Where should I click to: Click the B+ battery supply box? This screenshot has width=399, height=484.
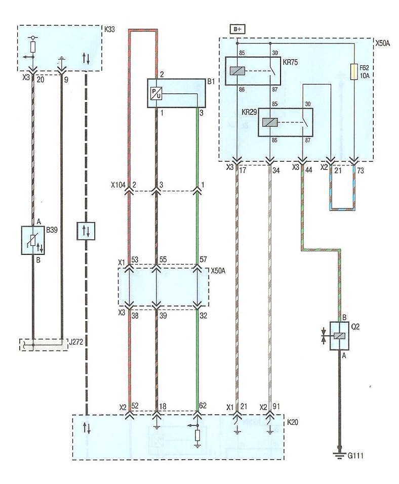[237, 29]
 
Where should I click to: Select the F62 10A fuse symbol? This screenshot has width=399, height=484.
[354, 72]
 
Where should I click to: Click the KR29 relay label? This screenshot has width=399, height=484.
[249, 112]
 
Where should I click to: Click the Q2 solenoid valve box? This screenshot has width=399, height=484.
[339, 336]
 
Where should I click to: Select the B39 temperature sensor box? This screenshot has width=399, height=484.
[33, 240]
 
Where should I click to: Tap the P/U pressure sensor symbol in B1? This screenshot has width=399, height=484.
[155, 93]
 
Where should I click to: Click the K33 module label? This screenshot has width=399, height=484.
[109, 30]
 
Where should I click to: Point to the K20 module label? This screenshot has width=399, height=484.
[292, 422]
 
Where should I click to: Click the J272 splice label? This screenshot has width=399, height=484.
[76, 342]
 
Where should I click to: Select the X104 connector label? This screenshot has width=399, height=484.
[118, 185]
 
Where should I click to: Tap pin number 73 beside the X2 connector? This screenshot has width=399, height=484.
[361, 170]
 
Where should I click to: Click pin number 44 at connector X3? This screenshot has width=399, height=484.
[308, 169]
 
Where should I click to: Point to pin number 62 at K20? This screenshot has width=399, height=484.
[203, 406]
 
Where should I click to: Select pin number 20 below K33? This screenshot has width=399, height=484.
[41, 79]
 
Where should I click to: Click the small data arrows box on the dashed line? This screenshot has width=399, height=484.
[86, 231]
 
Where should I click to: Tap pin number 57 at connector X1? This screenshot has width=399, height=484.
[203, 259]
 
